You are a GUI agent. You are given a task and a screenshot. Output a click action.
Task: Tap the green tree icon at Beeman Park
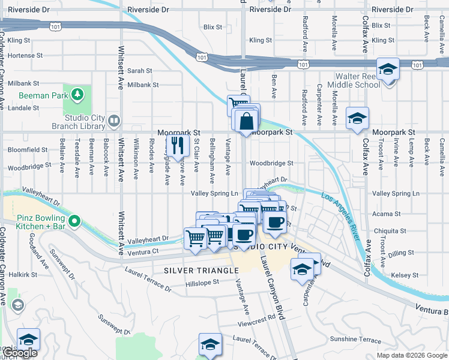(77, 94)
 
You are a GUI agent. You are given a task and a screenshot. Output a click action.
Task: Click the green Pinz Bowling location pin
(74, 221)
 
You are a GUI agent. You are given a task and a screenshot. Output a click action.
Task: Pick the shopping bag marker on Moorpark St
(246, 121)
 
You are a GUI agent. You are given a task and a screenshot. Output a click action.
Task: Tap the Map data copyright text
(412, 355)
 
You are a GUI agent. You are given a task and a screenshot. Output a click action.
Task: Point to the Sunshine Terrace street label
(351, 339)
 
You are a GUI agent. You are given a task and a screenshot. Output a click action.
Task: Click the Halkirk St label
(23, 274)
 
